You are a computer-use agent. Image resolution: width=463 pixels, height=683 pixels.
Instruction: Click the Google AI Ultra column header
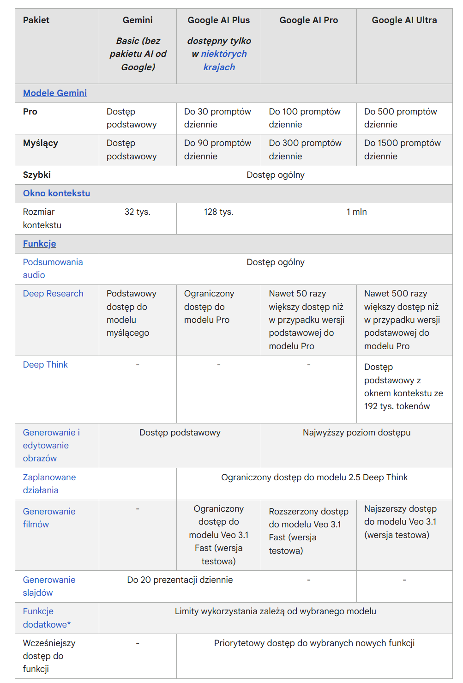tap(404, 20)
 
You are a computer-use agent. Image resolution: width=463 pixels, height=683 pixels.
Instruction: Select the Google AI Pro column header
tap(308, 20)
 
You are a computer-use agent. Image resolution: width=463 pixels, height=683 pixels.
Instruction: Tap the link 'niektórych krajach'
tap(223, 60)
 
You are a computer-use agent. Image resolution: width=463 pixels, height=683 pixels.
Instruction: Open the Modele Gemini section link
tap(55, 93)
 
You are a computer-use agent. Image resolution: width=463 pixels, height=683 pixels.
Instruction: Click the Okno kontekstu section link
tap(56, 193)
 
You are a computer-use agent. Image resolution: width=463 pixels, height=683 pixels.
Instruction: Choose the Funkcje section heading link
tap(40, 244)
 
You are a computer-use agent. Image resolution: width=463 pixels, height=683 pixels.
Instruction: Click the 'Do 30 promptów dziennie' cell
tap(217, 118)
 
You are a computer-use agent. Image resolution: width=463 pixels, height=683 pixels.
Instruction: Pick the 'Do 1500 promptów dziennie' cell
tap(402, 150)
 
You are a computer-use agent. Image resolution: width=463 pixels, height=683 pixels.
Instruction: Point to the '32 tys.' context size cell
tap(138, 212)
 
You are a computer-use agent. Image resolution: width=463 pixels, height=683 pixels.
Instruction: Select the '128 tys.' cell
tap(219, 212)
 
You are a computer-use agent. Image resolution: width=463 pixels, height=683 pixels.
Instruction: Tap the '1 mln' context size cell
tap(356, 212)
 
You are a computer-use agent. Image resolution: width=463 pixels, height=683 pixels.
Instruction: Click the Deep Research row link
tap(53, 294)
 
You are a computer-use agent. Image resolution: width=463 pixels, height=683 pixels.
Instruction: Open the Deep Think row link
tap(45, 365)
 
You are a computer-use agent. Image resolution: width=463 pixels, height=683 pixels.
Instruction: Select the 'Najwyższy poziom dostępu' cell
tap(356, 433)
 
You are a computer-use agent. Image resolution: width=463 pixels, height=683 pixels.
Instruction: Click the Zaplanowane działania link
tap(49, 484)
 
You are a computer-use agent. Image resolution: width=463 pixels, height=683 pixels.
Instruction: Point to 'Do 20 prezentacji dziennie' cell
tap(180, 580)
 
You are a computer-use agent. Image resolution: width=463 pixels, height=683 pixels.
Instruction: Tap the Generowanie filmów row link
tap(49, 518)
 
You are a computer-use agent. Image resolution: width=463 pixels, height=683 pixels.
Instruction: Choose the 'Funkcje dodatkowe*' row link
tap(47, 618)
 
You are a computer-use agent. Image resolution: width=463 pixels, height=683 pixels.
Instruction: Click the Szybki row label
tap(37, 175)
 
